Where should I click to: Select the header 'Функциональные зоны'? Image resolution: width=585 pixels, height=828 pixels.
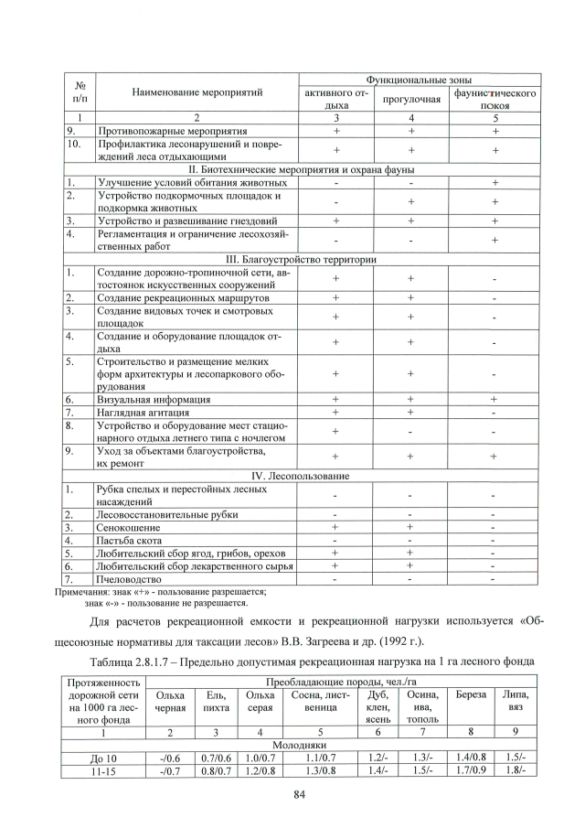click(418, 81)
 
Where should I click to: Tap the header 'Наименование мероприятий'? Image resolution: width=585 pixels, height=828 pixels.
click(197, 92)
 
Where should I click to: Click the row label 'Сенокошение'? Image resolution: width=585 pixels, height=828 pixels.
click(130, 527)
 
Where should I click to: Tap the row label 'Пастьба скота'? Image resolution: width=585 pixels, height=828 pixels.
click(133, 540)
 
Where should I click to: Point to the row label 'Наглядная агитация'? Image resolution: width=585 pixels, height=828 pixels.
click(146, 413)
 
